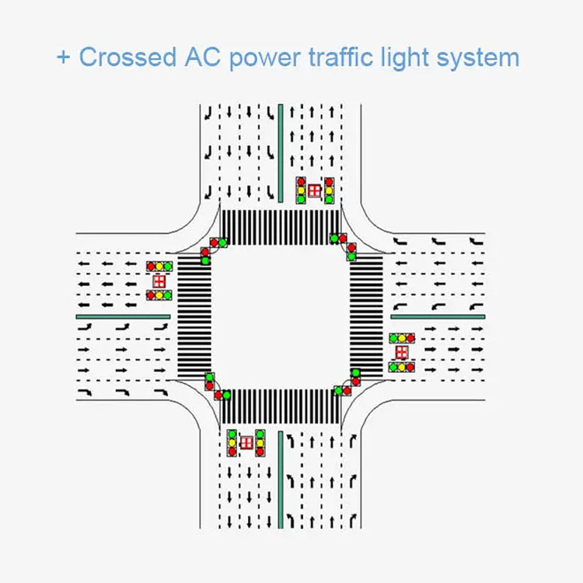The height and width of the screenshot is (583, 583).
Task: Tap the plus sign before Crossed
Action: pyautogui.click(x=63, y=58)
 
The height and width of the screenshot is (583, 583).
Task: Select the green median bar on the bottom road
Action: pyautogui.click(x=280, y=477)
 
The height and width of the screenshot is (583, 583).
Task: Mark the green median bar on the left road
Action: pyautogui.click(x=123, y=316)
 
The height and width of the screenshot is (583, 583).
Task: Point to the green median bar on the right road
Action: pyautogui.click(x=438, y=316)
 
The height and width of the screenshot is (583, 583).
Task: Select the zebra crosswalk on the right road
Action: pyautogui.click(x=367, y=316)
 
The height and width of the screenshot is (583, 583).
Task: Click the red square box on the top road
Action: pyautogui.click(x=315, y=190)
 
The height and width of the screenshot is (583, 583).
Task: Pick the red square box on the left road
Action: pyautogui.click(x=159, y=281)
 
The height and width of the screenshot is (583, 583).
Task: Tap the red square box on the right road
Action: pyautogui.click(x=401, y=352)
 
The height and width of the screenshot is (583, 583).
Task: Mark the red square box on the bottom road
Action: pyautogui.click(x=246, y=442)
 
